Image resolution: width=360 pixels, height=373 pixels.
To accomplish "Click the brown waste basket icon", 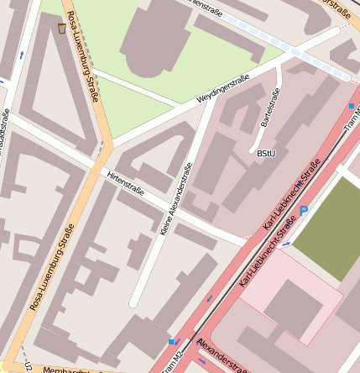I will pyautogui.click(x=62, y=29).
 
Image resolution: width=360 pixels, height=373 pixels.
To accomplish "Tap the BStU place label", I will pyautogui.click(x=266, y=153).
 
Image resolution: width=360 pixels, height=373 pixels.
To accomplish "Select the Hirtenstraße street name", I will pyautogui.click(x=125, y=185).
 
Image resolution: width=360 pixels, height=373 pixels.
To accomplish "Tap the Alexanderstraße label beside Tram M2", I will pyautogui.click(x=222, y=360).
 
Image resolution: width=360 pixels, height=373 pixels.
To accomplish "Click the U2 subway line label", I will pyautogui.click(x=27, y=366).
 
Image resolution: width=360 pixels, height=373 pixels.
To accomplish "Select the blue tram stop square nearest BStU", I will pyautogui.click(x=351, y=106).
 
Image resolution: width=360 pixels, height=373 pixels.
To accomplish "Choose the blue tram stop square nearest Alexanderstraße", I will pyautogui.click(x=172, y=341).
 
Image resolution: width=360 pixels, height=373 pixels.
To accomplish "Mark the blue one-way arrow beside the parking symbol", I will pyautogui.click(x=287, y=244).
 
